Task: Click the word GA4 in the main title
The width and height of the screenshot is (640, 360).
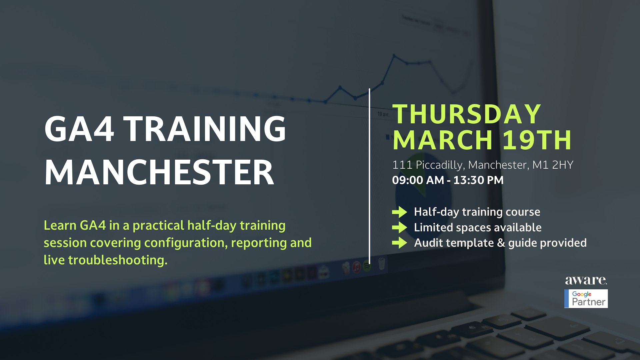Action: (79, 129)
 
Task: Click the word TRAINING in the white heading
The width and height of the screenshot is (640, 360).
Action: (205, 129)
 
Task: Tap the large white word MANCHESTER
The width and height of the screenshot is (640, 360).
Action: (159, 172)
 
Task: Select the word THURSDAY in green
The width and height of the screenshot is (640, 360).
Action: (467, 114)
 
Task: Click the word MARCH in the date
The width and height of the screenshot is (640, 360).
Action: (443, 140)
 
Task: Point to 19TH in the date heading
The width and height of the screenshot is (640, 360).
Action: (537, 140)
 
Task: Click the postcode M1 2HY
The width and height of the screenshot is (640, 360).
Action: (553, 165)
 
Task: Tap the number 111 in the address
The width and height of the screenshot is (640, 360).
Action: (402, 165)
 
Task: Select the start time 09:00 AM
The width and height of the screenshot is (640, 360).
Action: (418, 180)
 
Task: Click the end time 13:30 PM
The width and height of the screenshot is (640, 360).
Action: (478, 180)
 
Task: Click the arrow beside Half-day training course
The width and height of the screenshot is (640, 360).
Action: (400, 212)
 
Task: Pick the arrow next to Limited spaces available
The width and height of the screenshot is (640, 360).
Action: (400, 227)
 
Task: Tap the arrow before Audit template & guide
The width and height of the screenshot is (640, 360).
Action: (400, 243)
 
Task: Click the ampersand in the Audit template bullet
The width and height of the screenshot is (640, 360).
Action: (501, 243)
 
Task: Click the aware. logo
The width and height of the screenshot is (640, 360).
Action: (586, 280)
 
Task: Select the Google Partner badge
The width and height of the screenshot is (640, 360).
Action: (586, 298)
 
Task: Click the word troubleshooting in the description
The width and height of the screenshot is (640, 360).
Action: (118, 260)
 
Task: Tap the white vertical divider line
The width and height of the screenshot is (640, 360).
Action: (369, 176)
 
